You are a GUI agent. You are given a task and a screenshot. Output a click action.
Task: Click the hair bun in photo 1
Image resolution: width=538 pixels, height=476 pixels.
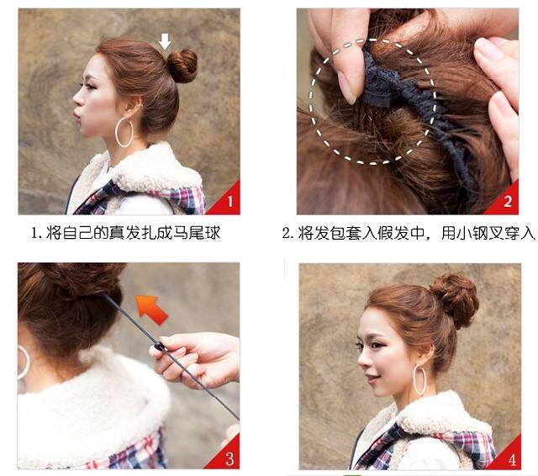click(182, 66)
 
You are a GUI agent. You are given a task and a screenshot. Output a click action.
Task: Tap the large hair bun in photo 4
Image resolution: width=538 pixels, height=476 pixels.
click(453, 299)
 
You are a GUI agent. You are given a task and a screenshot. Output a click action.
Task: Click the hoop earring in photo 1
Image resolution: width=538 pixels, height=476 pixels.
click(124, 132)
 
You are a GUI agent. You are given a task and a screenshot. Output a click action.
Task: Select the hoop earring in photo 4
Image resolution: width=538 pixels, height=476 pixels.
click(419, 380)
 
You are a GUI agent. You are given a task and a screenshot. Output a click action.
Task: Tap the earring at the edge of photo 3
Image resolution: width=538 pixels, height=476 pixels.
click(23, 362)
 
